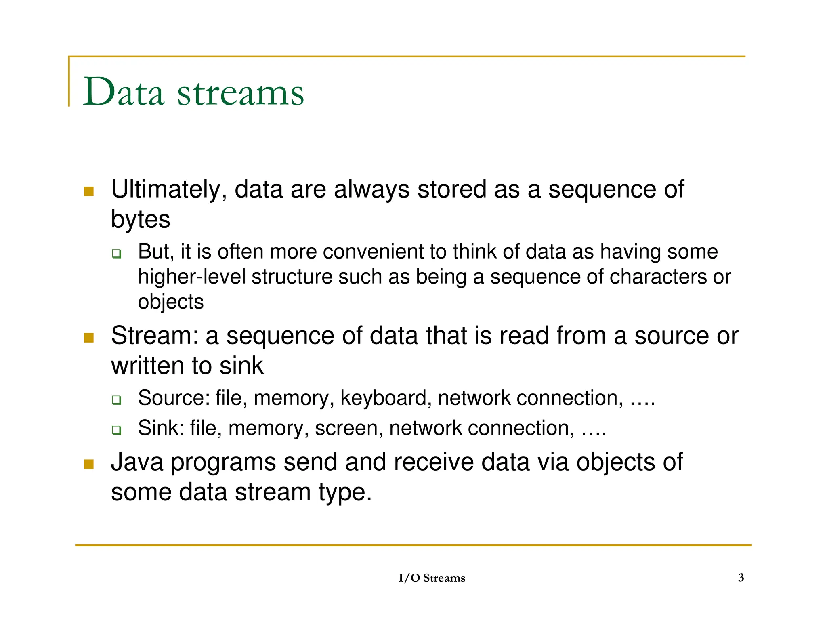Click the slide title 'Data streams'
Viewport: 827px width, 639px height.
193,92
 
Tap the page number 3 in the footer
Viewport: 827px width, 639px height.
741,578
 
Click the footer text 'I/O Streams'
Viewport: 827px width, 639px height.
432,578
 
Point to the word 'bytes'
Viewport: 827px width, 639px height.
141,220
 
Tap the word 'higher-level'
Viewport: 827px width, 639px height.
191,277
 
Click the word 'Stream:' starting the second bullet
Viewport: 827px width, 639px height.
155,336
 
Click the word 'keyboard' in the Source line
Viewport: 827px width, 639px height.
384,398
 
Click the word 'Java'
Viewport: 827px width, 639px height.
137,462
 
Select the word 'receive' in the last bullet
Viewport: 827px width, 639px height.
433,462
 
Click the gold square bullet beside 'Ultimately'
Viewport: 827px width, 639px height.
89,191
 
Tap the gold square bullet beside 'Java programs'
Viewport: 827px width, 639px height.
89,464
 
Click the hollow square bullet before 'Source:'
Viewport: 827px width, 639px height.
117,400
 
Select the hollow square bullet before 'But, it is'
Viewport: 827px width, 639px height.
117,254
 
